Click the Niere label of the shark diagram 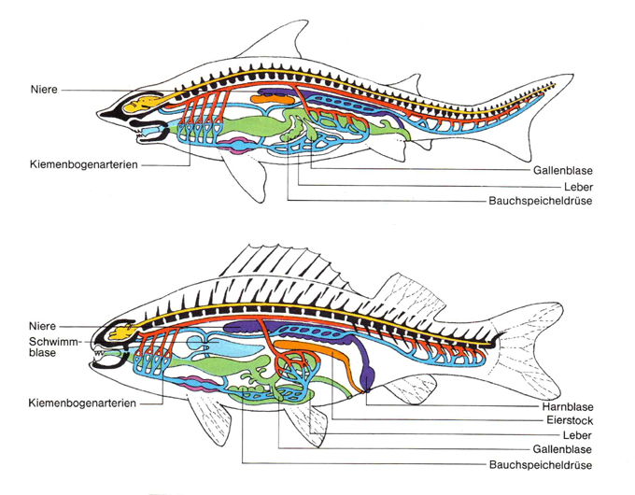(x=42, y=90)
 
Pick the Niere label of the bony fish (x=42, y=327)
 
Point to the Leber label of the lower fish (x=576, y=435)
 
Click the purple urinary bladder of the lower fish (x=367, y=378)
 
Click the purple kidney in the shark (x=276, y=93)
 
